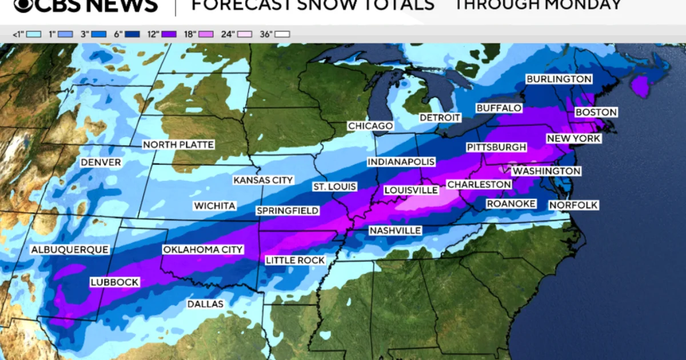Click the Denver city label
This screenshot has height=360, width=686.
click(101, 163)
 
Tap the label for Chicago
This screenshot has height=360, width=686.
click(370, 126)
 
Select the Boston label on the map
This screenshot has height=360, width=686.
click(596, 113)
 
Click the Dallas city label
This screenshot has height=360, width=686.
click(205, 304)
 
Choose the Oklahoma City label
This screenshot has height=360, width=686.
click(203, 250)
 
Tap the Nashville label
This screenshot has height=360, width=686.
click(395, 230)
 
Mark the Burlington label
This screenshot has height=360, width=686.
click(559, 79)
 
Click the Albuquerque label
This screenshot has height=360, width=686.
click(69, 250)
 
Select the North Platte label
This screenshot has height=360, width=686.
click(178, 145)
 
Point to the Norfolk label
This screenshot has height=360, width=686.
click(573, 205)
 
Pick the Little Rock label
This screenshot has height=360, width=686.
click(296, 261)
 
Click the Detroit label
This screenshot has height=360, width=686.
click(440, 118)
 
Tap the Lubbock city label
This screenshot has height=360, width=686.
click(114, 282)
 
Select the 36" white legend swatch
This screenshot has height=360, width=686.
click(282, 34)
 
